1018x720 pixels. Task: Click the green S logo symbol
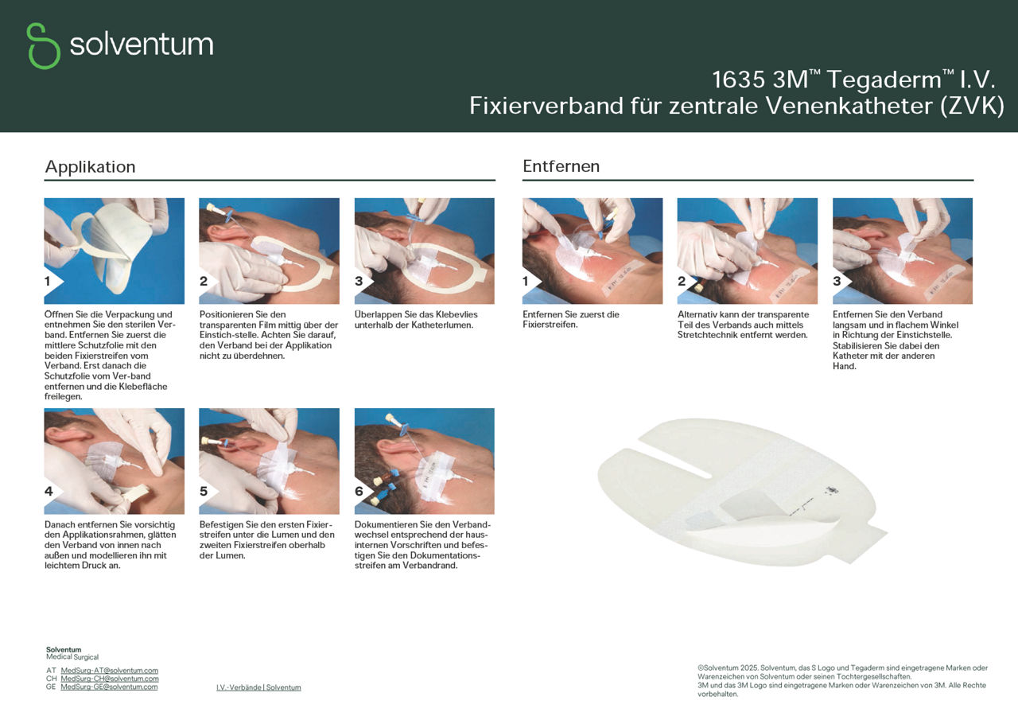click(x=43, y=46)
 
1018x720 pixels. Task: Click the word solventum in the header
click(x=142, y=45)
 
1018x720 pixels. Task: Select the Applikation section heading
click(x=90, y=166)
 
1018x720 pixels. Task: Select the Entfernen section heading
click(x=561, y=166)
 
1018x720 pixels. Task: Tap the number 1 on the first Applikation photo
click(x=47, y=282)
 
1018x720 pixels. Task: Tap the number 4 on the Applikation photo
click(x=49, y=492)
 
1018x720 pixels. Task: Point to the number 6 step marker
click(x=359, y=492)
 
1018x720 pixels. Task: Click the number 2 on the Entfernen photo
click(x=682, y=282)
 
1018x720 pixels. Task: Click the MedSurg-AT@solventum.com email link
click(x=110, y=671)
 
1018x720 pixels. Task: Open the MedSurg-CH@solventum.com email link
click(x=110, y=679)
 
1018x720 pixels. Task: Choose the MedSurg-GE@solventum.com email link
click(x=110, y=687)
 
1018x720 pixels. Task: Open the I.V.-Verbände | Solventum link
click(x=258, y=687)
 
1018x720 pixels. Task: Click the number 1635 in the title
click(x=739, y=80)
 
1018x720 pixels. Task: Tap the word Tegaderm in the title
click(x=884, y=80)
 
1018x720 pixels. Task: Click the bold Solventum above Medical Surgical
click(x=64, y=649)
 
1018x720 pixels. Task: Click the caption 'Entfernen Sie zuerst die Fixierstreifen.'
click(x=571, y=320)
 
